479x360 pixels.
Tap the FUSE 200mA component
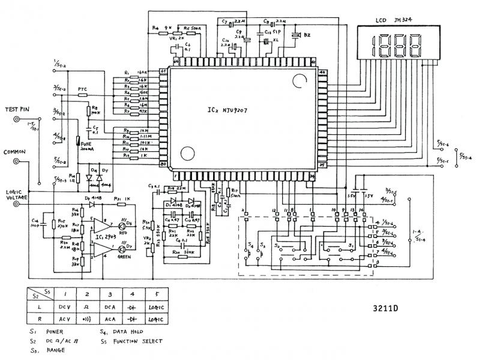point(79,143)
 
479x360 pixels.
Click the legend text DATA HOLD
point(130,331)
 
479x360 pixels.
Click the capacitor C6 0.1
point(187,47)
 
